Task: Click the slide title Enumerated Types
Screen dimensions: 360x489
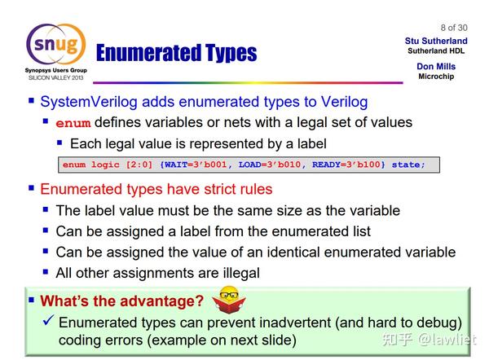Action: [x=176, y=54]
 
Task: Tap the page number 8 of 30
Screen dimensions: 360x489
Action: [x=454, y=27]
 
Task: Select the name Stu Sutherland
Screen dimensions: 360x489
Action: [x=436, y=41]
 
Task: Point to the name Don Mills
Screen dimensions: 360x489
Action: [x=436, y=67]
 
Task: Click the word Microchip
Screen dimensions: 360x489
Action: [x=436, y=77]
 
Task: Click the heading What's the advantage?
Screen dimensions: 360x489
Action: [x=121, y=301]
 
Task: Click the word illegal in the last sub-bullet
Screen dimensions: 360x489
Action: [x=236, y=273]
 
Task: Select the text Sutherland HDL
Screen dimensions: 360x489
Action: [x=436, y=50]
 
